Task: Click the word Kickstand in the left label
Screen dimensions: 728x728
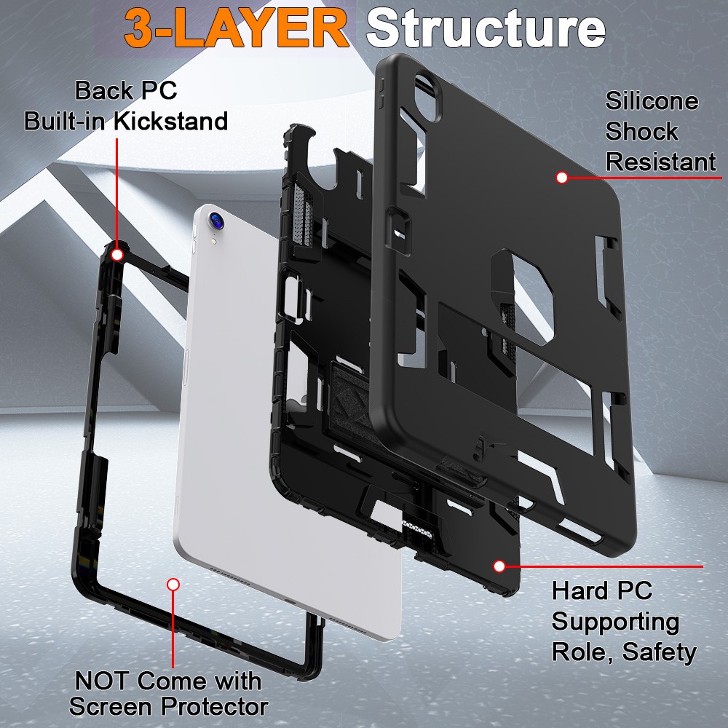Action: click(175, 120)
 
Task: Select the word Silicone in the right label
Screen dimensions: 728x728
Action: click(652, 101)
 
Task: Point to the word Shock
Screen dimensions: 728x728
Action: click(641, 132)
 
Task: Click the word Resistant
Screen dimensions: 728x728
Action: click(660, 162)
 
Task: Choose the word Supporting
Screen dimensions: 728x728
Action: click(615, 621)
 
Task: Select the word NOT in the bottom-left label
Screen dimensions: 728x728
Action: click(103, 681)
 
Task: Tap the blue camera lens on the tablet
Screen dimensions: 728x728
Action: click(215, 218)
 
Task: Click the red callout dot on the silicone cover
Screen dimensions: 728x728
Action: click(561, 177)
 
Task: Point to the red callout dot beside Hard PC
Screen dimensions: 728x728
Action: click(499, 566)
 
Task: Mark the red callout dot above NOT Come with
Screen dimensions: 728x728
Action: click(173, 584)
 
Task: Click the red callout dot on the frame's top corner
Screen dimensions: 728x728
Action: click(116, 254)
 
